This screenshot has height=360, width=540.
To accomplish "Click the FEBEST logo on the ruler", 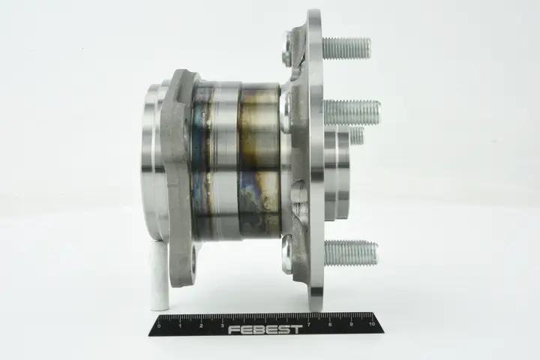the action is pos(265,330).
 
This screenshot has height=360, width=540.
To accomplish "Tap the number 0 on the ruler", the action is pos(159,326).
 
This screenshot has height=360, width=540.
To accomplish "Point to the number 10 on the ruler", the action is pos(371,324).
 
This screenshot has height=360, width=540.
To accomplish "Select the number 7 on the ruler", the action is pos(308,325).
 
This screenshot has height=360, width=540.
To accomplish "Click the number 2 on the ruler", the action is pos(201,326).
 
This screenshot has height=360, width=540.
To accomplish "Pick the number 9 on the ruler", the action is pos(351,324).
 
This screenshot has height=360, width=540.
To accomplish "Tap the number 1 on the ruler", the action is pos(180,326).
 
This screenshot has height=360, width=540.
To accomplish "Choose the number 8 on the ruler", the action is pos(330,325).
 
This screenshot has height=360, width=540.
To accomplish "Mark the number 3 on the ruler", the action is pos(223,325).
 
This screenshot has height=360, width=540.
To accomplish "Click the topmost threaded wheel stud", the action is pos(346,48).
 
